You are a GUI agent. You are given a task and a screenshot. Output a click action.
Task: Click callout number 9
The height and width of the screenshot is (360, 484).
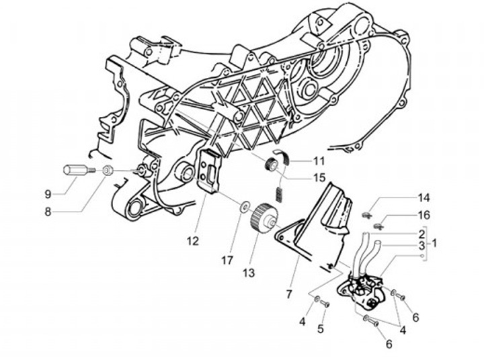click(48, 194)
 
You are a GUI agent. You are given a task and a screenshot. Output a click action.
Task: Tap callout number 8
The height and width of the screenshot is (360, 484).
click(48, 212)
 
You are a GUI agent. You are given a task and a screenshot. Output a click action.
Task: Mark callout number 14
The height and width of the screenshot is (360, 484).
click(422, 198)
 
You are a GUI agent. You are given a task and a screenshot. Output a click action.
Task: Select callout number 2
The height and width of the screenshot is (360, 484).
click(421, 233)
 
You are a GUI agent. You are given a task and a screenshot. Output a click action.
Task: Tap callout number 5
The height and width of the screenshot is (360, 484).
click(321, 329)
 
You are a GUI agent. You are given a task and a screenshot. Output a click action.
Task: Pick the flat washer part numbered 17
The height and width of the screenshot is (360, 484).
click(244, 205)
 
